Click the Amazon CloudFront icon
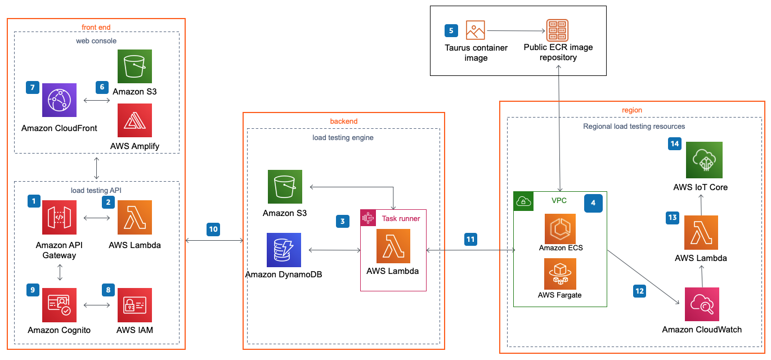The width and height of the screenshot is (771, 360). click(60, 100)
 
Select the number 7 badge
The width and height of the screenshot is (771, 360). click(33, 88)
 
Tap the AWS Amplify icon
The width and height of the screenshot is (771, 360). click(135, 120)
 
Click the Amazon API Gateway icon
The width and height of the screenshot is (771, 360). click(60, 217)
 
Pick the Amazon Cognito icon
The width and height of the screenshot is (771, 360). click(60, 305)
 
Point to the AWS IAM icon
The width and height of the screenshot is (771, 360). click(135, 305)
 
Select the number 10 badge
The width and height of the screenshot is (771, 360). click(213, 229)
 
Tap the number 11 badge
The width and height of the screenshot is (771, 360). click(470, 239)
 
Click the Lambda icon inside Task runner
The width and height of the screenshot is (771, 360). click(393, 246)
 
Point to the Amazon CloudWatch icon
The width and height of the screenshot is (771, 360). click(702, 304)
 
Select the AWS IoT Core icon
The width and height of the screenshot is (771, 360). click(704, 160)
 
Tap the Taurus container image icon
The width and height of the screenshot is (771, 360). click(476, 30)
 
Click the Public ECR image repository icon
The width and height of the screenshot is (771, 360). click(558, 30)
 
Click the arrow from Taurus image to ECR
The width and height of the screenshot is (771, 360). click(515, 30)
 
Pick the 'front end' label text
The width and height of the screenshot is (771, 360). click(96, 26)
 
